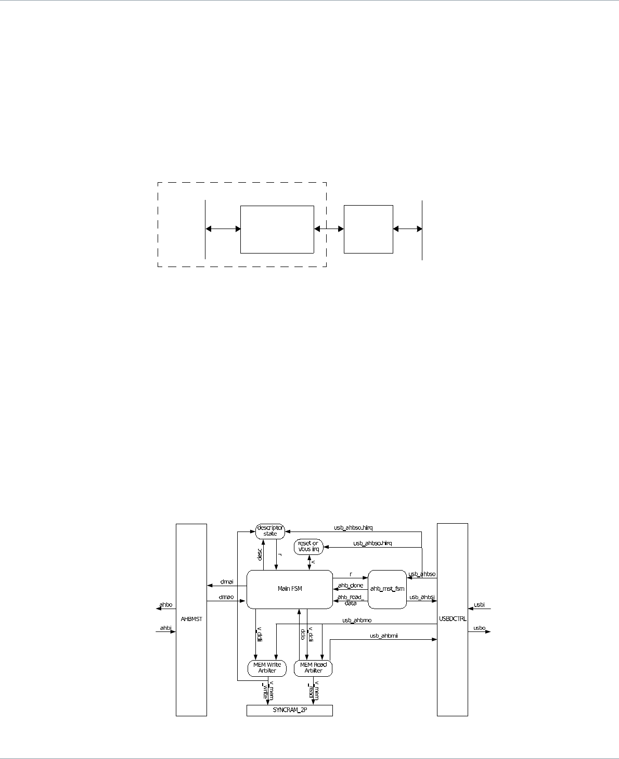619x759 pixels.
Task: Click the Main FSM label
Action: click(x=289, y=589)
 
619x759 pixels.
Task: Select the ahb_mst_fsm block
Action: click(x=386, y=589)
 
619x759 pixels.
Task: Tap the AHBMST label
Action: click(x=191, y=619)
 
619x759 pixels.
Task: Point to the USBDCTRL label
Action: click(x=453, y=619)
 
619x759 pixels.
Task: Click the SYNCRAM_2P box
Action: click(x=289, y=711)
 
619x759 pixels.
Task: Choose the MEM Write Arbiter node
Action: click(x=268, y=667)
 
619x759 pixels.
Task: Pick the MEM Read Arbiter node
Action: click(x=313, y=667)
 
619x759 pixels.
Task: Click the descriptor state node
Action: click(x=270, y=531)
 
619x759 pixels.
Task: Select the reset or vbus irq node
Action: click(x=308, y=547)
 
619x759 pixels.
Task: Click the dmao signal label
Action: click(x=227, y=597)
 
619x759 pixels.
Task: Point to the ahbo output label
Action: click(x=166, y=605)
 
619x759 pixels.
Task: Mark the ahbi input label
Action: click(x=166, y=628)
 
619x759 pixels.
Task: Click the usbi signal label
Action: click(x=479, y=605)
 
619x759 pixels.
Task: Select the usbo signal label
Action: click(x=479, y=628)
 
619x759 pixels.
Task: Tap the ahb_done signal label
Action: click(x=351, y=586)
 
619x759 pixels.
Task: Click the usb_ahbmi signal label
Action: click(x=383, y=636)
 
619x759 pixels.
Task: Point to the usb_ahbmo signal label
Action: click(x=357, y=620)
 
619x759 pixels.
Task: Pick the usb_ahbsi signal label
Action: click(x=422, y=597)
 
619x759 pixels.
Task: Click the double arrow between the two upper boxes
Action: click(x=329, y=229)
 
